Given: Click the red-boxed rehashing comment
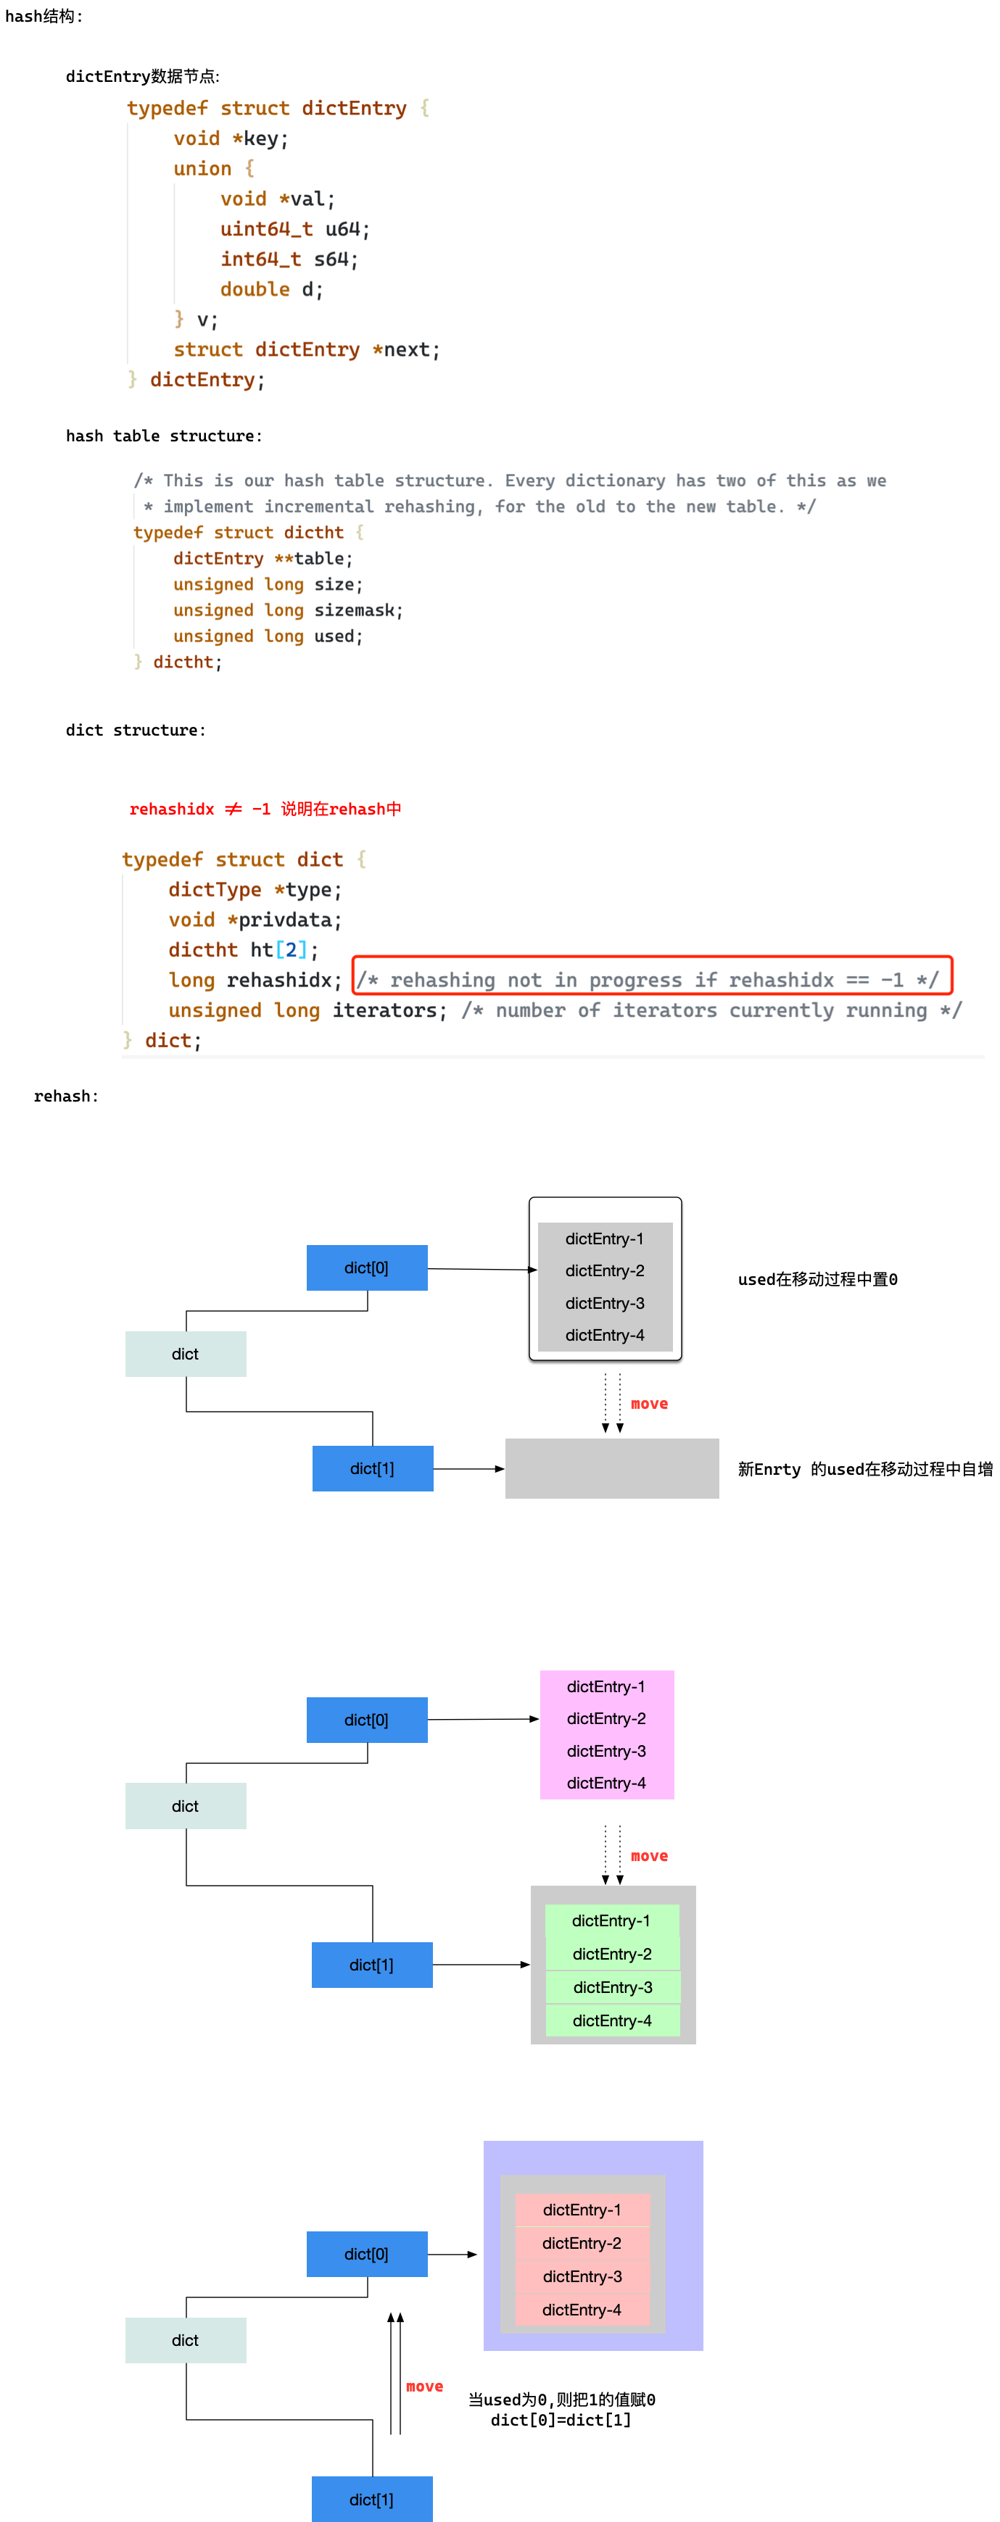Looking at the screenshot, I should pyautogui.click(x=651, y=979).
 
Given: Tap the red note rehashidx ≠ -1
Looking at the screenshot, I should pyautogui.click(x=265, y=809).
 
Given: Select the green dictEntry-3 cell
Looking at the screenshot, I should pyautogui.click(x=612, y=1986).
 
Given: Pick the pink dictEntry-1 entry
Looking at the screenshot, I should pyautogui.click(x=606, y=1686).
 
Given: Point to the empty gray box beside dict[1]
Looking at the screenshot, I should pyautogui.click(x=611, y=1468).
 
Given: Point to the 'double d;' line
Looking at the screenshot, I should pyautogui.click(x=271, y=289).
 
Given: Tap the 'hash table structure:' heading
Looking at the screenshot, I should pyautogui.click(x=164, y=436).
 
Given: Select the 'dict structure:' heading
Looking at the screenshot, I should pyautogui.click(x=135, y=729).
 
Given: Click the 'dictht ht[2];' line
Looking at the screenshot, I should pyautogui.click(x=243, y=949).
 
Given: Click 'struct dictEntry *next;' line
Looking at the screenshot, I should pyautogui.click(x=307, y=349).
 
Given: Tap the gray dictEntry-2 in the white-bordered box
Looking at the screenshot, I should pyautogui.click(x=604, y=1270).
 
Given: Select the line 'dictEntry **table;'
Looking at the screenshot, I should pyautogui.click(x=263, y=558).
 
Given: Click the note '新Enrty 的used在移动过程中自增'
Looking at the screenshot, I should pyautogui.click(x=865, y=1468).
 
